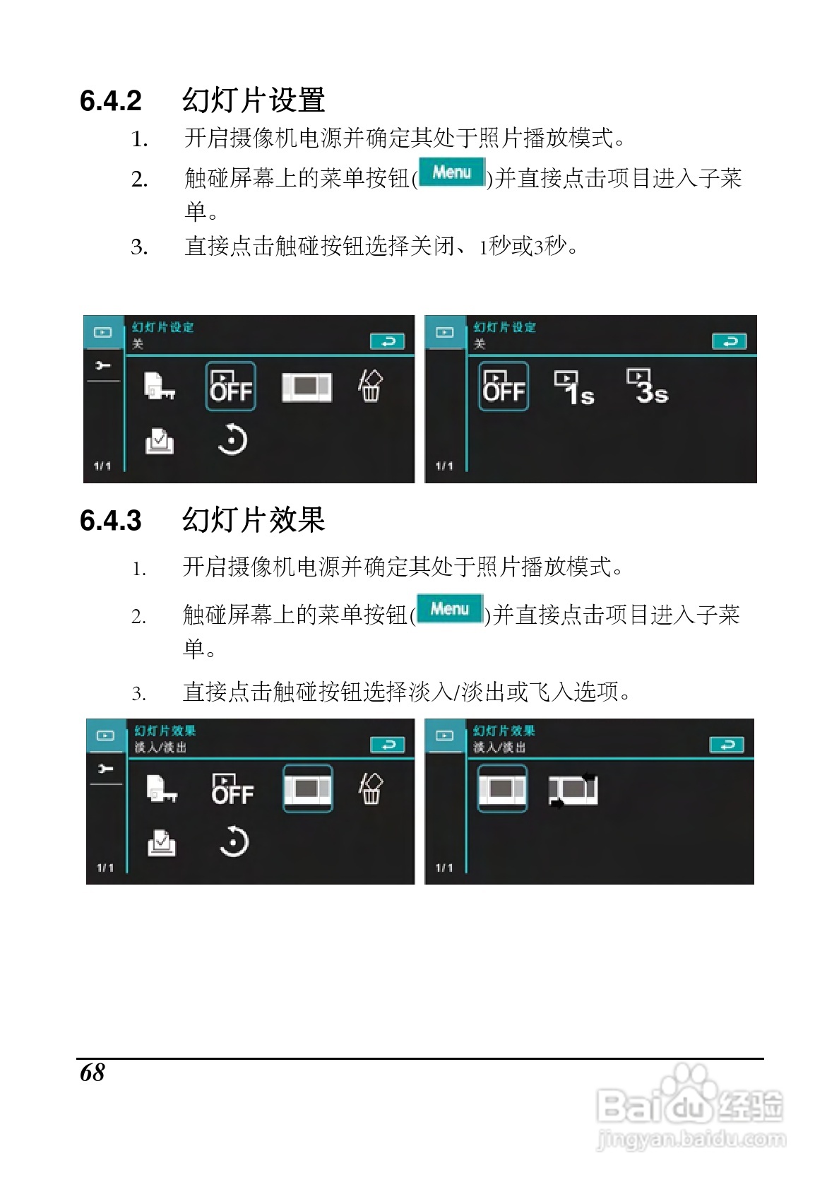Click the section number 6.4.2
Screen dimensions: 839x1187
coord(111,100)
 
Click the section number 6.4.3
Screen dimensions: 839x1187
coord(111,520)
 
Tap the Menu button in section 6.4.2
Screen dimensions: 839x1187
coord(452,172)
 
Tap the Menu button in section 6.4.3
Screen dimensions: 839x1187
coord(450,609)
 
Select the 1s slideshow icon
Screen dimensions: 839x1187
coord(574,387)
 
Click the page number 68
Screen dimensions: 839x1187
coord(92,1073)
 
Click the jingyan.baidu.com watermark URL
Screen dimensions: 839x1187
coord(691,1139)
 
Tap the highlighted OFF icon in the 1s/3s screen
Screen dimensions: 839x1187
coord(504,386)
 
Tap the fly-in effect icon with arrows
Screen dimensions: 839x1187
coord(573,790)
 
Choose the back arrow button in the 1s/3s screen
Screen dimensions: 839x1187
coord(730,341)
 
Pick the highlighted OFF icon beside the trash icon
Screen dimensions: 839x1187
coord(230,386)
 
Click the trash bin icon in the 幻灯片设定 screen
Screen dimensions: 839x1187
coord(370,386)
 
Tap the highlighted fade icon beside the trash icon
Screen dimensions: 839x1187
coord(308,789)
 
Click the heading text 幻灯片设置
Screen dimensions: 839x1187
coord(254,100)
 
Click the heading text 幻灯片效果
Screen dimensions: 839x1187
coord(254,519)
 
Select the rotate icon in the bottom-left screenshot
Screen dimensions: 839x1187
coord(233,842)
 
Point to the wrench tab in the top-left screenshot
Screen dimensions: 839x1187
coord(103,366)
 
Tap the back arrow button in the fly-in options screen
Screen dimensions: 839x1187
coord(727,745)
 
